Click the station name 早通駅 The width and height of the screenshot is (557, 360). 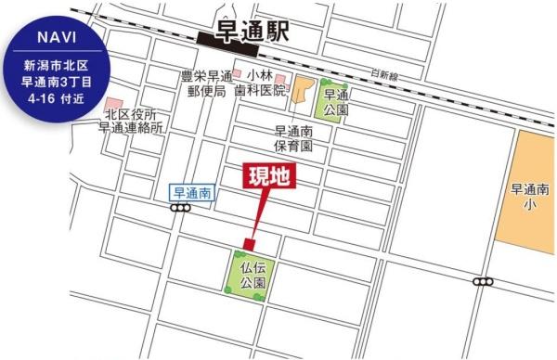(253, 32)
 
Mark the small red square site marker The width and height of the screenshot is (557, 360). (248, 243)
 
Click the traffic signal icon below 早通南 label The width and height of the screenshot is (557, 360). (181, 209)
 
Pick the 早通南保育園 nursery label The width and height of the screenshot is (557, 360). (293, 138)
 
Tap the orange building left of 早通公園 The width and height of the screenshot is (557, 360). (302, 91)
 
